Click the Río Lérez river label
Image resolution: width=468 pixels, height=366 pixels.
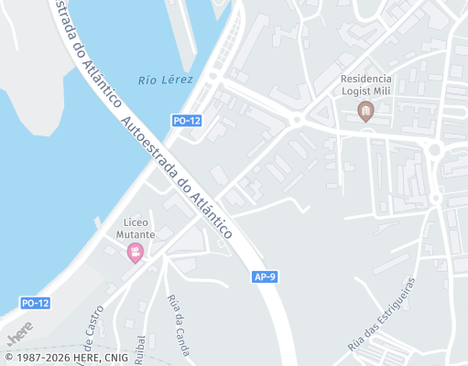tap(166, 80)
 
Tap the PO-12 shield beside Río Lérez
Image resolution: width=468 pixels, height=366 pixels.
tap(186, 120)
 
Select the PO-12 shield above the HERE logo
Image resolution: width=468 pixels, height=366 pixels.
tap(35, 303)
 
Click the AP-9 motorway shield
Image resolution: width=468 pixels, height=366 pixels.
tap(264, 275)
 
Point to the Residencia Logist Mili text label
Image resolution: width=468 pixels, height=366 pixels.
tap(365, 86)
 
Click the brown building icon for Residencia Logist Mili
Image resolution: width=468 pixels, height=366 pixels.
tap(365, 112)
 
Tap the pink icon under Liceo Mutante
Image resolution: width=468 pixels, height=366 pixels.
tap(136, 253)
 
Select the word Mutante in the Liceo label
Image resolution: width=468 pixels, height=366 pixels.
tap(136, 234)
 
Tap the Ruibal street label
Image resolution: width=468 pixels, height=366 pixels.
tap(140, 349)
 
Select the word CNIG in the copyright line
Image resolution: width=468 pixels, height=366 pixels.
tap(115, 358)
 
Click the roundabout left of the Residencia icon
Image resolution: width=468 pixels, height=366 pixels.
tap(297, 120)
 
